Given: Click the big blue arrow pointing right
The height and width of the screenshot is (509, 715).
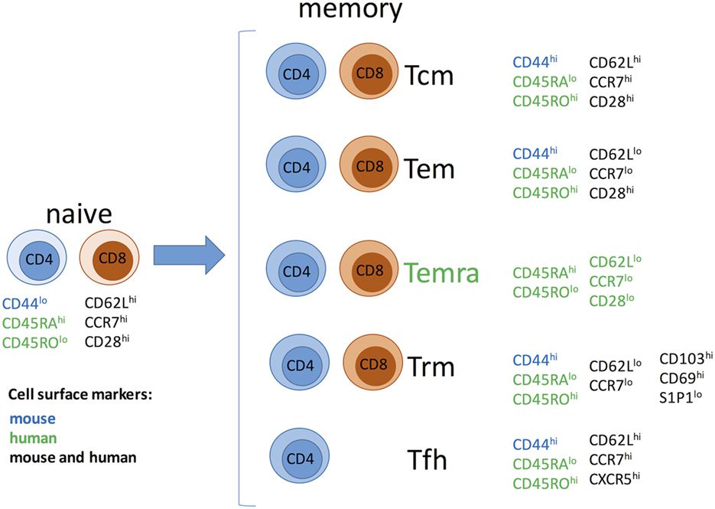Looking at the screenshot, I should pyautogui.click(x=188, y=254).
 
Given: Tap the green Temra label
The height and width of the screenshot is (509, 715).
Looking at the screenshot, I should pyautogui.click(x=441, y=272).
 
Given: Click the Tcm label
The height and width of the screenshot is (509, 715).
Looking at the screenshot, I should pyautogui.click(x=431, y=75).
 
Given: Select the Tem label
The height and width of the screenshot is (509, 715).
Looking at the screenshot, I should pyautogui.click(x=431, y=168).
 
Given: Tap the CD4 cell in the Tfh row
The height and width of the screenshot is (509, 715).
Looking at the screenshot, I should pyautogui.click(x=299, y=461).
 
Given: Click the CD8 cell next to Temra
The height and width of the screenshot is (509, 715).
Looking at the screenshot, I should pyautogui.click(x=370, y=271).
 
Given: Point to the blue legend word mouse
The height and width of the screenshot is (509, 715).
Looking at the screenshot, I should pyautogui.click(x=28, y=419).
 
